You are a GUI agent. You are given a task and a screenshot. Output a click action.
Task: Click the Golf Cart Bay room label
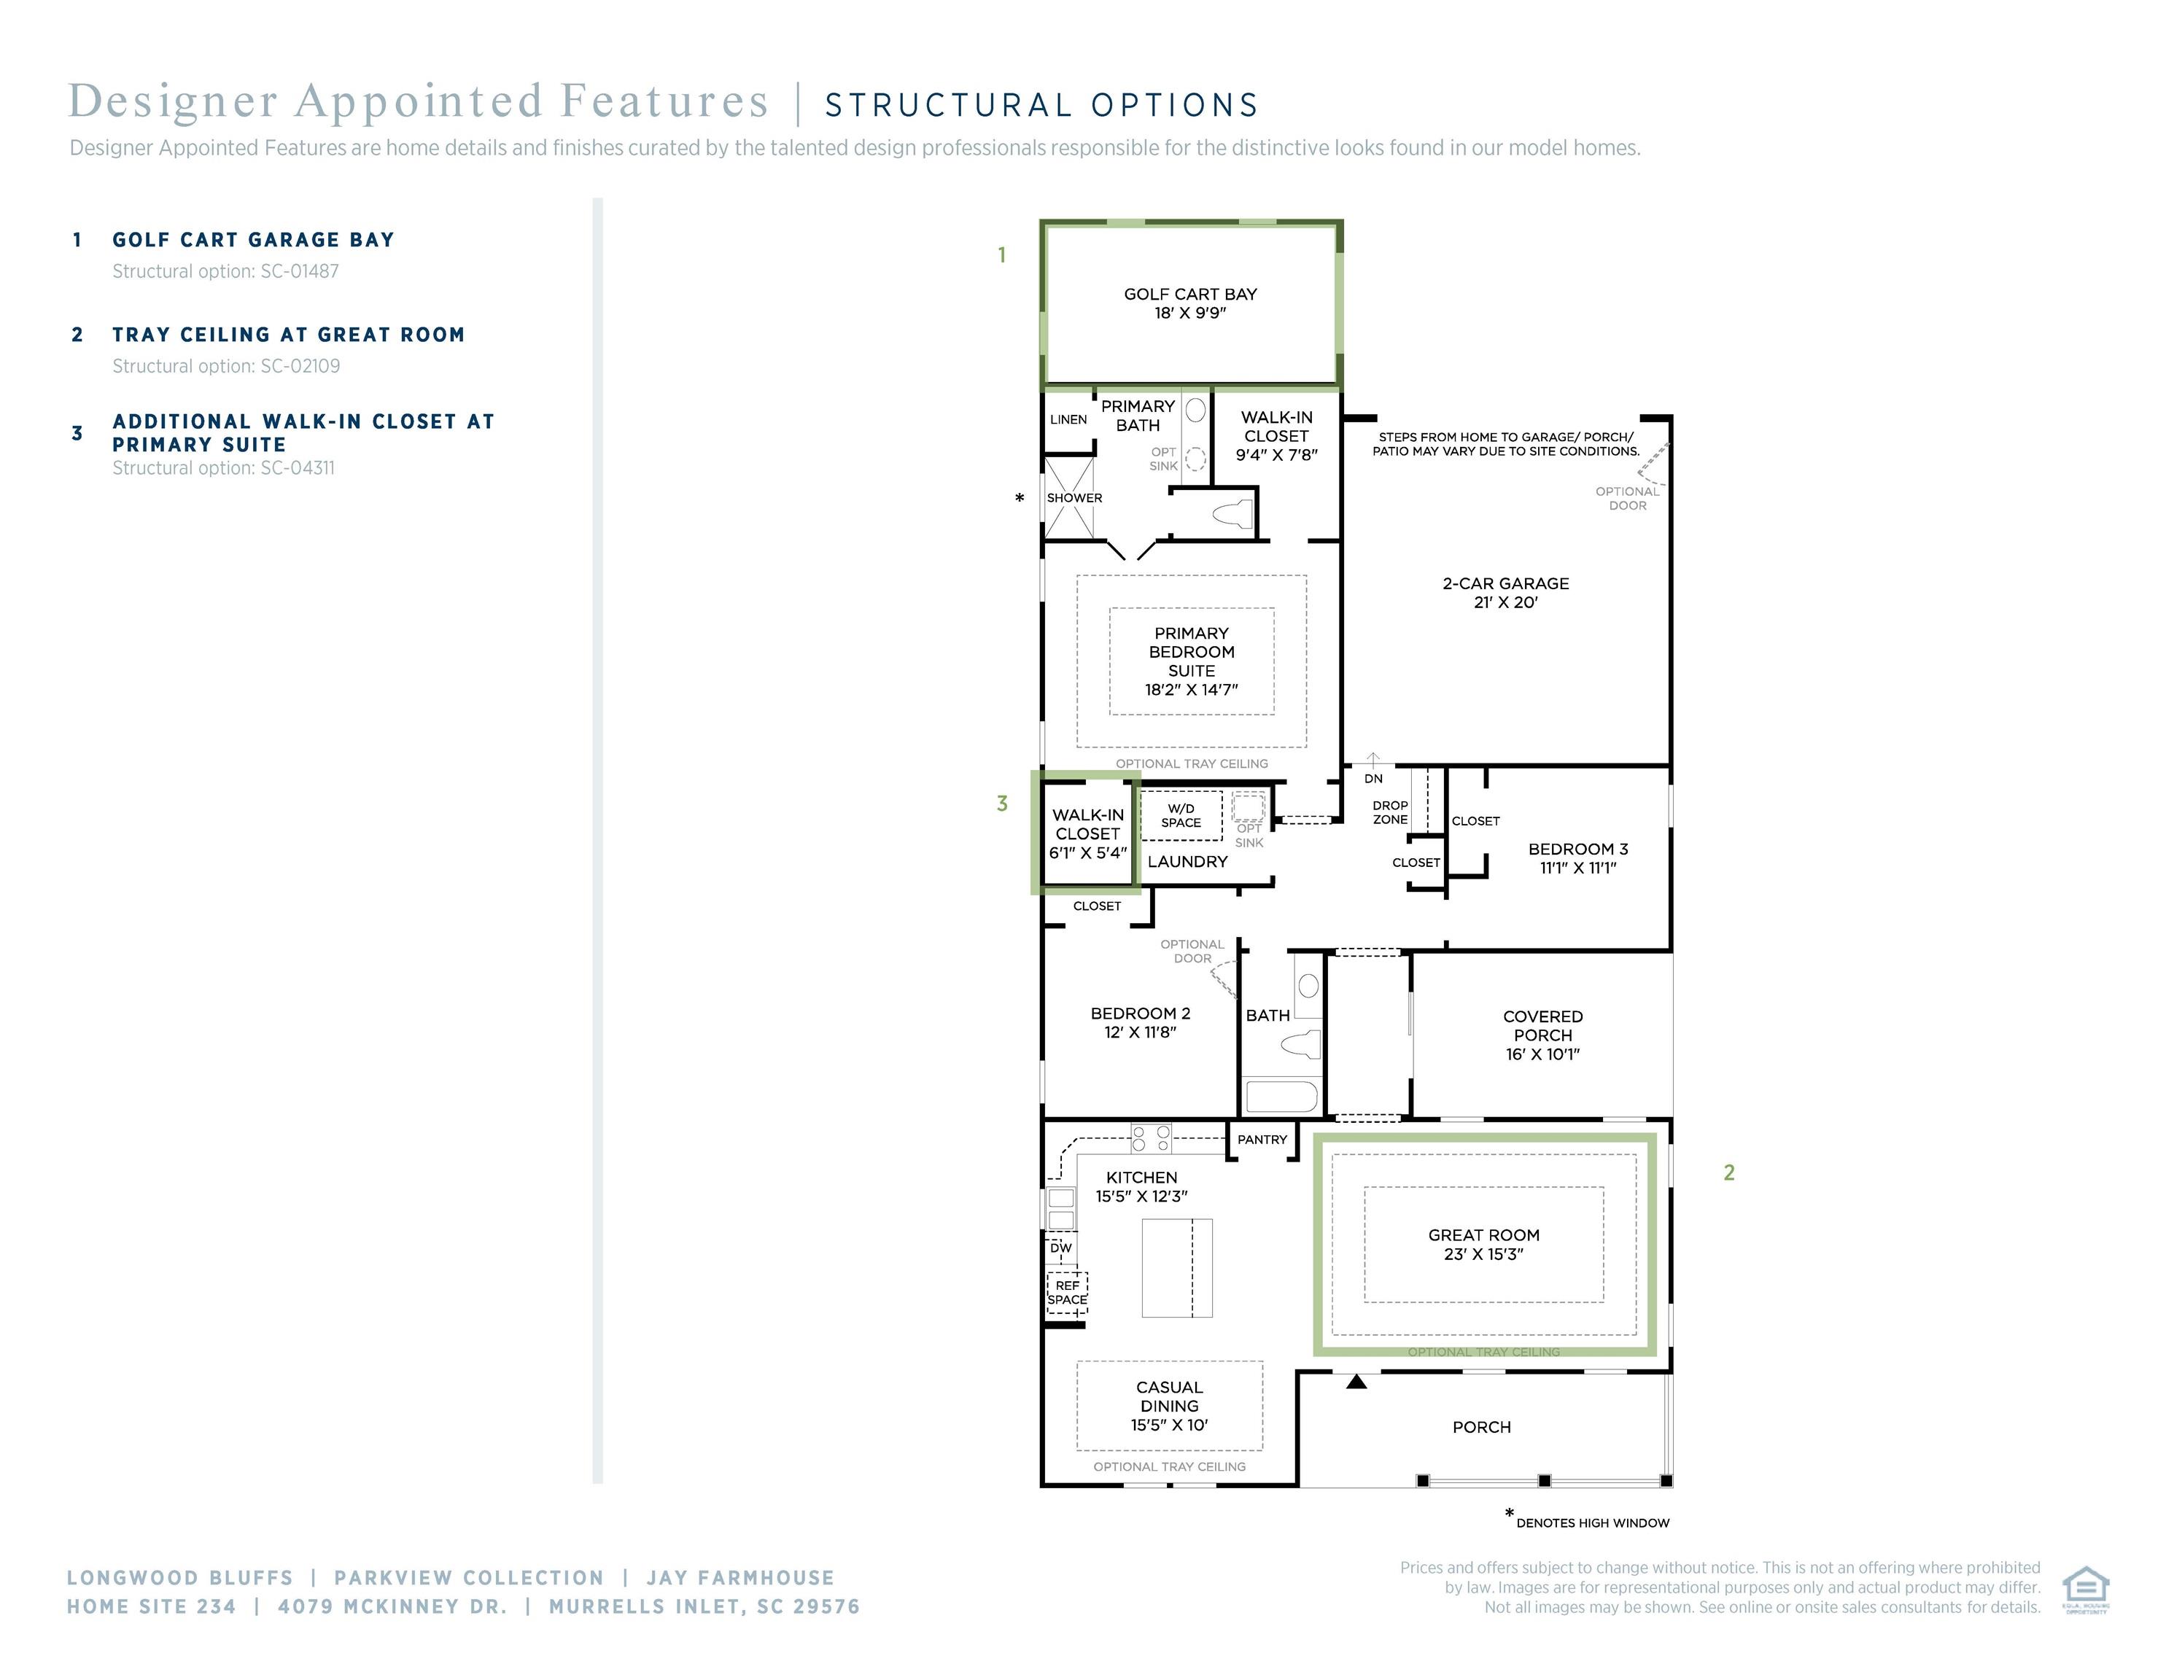[x=1189, y=295]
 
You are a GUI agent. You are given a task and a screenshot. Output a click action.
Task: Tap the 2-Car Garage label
[x=1505, y=584]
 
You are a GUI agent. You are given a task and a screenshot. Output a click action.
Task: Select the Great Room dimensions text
[x=1483, y=1254]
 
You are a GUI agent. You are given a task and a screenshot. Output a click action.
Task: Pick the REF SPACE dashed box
[x=1067, y=1293]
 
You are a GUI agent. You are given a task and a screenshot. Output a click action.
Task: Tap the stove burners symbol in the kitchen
[x=1151, y=1137]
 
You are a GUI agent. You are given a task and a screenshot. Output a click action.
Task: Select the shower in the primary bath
[x=1070, y=497]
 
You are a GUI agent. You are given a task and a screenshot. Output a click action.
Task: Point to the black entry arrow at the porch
[x=1356, y=1382]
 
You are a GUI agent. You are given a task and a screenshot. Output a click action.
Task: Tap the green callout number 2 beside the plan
[x=1729, y=1173]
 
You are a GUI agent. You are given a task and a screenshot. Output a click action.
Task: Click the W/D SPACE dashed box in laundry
[x=1181, y=816]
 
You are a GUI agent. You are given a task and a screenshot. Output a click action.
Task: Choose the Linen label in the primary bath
[x=1068, y=420]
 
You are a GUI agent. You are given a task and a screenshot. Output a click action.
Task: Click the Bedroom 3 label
[x=1577, y=849]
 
